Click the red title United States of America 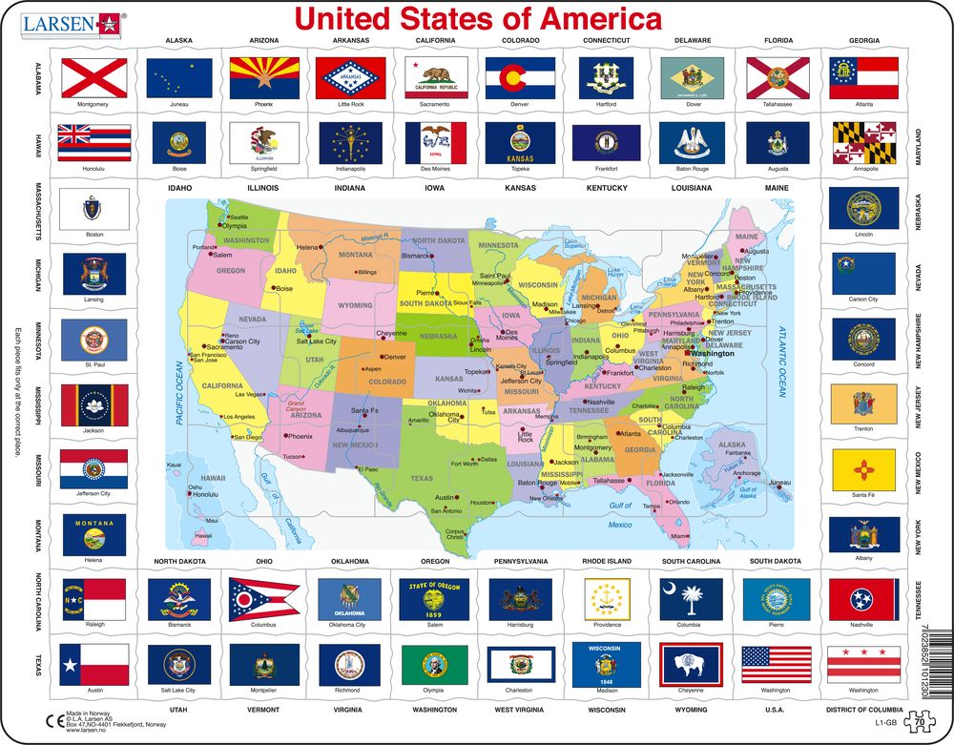point(478,19)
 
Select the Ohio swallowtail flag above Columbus point(264,598)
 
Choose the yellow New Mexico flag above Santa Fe point(863,470)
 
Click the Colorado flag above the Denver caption point(520,75)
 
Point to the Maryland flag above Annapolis point(863,142)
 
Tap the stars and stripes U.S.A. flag point(776,664)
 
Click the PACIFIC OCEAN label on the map point(177,391)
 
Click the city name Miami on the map point(679,537)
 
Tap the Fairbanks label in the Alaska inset point(738,453)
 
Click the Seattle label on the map point(238,217)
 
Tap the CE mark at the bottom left point(54,720)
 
